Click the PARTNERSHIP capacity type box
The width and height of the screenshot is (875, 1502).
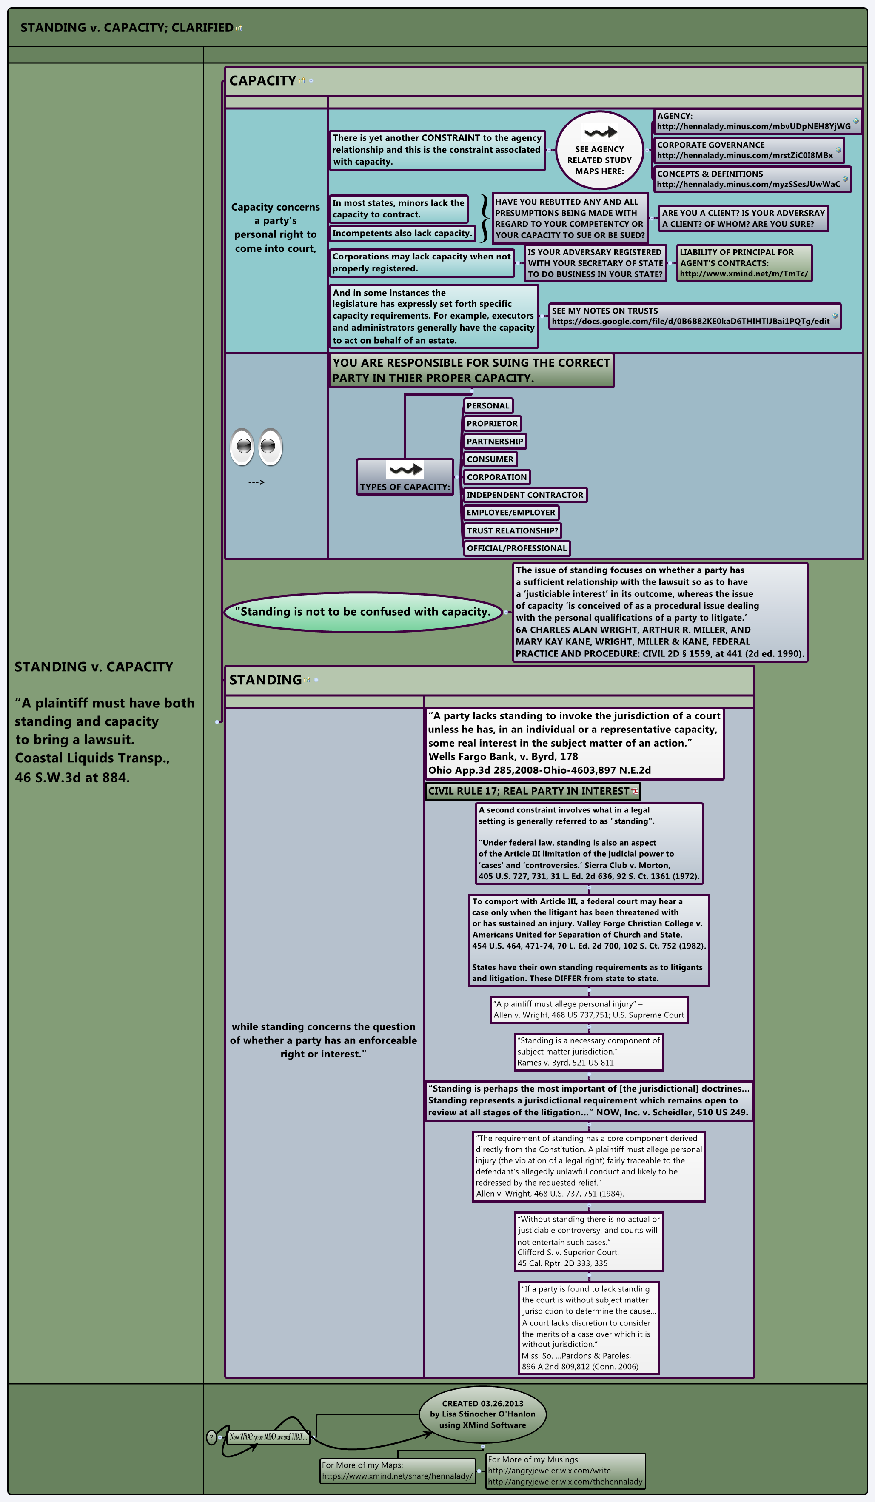494,441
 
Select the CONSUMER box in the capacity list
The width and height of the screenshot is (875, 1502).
490,459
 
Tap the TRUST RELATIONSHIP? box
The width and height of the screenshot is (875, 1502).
512,530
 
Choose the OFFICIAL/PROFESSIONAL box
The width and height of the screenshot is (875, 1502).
516,548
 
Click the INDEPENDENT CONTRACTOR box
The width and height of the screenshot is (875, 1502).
524,495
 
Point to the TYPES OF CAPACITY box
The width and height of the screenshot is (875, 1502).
405,477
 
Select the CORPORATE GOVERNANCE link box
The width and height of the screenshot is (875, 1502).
749,150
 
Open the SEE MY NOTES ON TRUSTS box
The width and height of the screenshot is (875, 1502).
694,316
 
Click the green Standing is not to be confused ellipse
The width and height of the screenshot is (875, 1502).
362,612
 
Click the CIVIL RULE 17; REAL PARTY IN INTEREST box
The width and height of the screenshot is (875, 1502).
532,791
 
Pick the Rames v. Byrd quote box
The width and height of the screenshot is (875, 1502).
588,1052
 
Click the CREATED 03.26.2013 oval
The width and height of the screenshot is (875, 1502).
482,1414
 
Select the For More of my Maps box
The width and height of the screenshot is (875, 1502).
397,1471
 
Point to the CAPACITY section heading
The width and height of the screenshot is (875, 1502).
262,80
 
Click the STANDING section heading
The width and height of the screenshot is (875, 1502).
265,680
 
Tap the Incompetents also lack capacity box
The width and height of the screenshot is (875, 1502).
402,233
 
